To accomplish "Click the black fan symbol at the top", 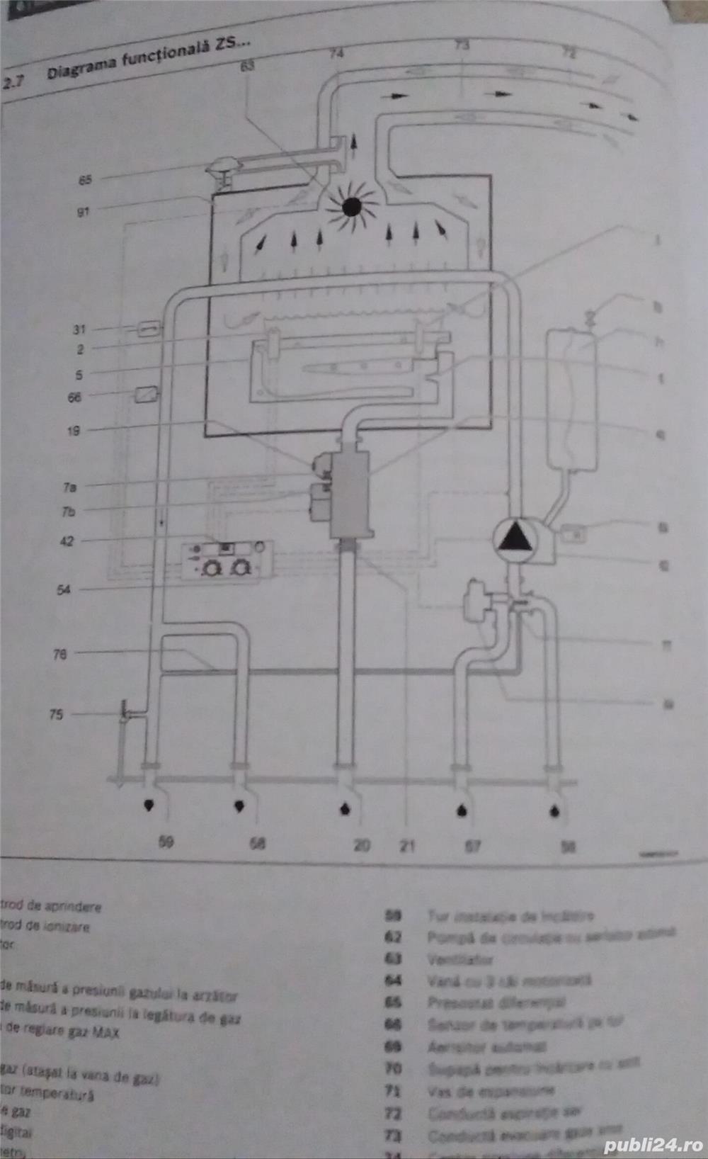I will click(x=351, y=206).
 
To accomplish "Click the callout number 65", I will click(x=85, y=180).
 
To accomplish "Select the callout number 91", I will click(x=83, y=211).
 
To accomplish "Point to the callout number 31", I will click(x=79, y=329).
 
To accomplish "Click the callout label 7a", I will click(x=69, y=487).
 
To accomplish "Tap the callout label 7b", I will click(x=69, y=511).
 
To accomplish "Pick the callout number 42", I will click(x=67, y=541).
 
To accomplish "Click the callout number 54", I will click(x=64, y=589).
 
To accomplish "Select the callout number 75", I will click(x=56, y=714).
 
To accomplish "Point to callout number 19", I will click(x=74, y=430).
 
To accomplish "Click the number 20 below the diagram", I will click(x=362, y=845).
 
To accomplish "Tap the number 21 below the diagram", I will click(x=407, y=845).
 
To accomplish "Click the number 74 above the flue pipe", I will click(x=336, y=53).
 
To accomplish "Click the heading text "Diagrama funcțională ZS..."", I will click(x=148, y=59).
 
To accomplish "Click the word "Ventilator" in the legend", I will click(x=460, y=960).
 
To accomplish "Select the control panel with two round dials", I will click(x=227, y=560).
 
